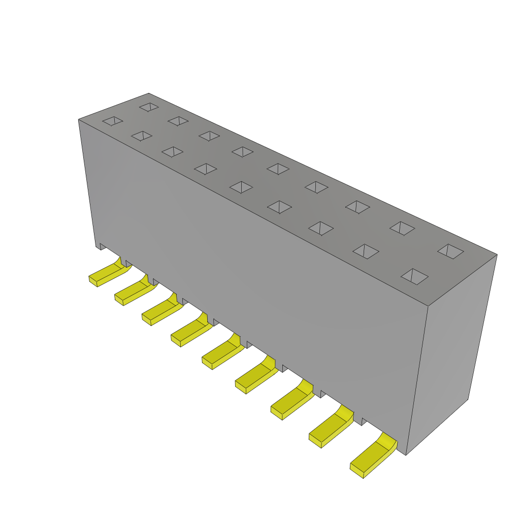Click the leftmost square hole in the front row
pos(112,121)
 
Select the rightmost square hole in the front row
pos(414,277)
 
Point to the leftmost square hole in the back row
pos(149,107)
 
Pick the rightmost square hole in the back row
pos(450,251)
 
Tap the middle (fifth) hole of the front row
pos(241,187)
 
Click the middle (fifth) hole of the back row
pos(278,169)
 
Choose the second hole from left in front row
pos(142,136)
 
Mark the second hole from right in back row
pos(402,229)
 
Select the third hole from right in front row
pos(321,228)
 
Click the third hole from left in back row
pos(209,136)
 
